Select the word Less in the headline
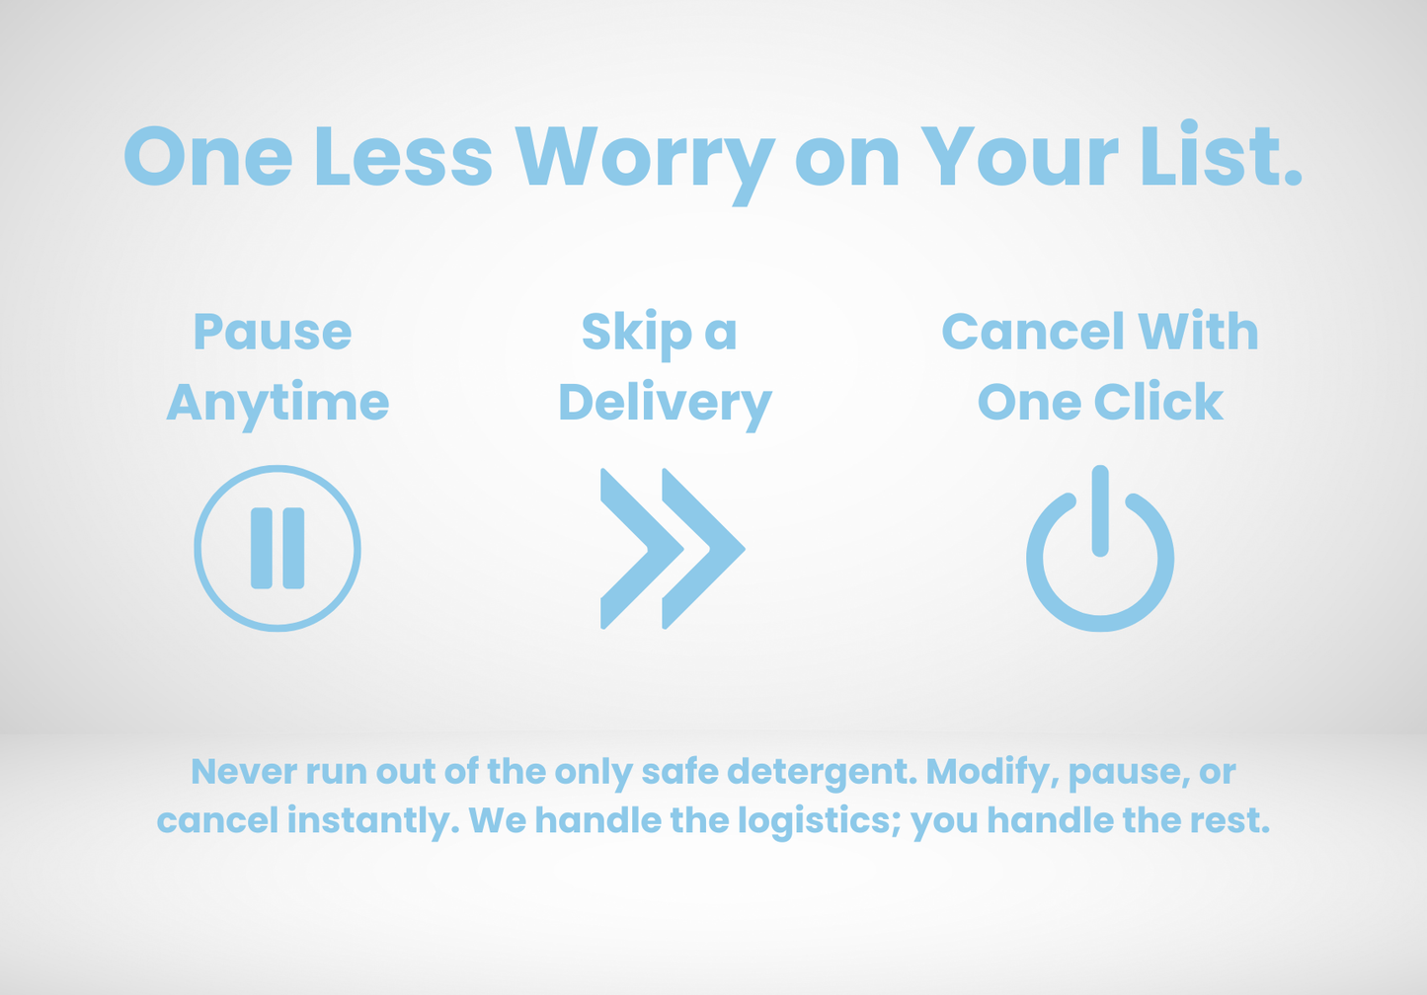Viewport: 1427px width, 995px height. [x=403, y=156]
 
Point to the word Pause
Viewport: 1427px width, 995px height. [x=273, y=331]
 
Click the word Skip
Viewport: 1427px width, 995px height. [x=637, y=335]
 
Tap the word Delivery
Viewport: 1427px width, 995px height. [x=665, y=406]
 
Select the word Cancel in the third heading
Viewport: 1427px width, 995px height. [x=1033, y=331]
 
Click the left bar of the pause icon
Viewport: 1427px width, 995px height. [x=262, y=548]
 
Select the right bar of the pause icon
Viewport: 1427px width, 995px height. [x=293, y=548]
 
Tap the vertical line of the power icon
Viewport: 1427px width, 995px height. [x=1100, y=510]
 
